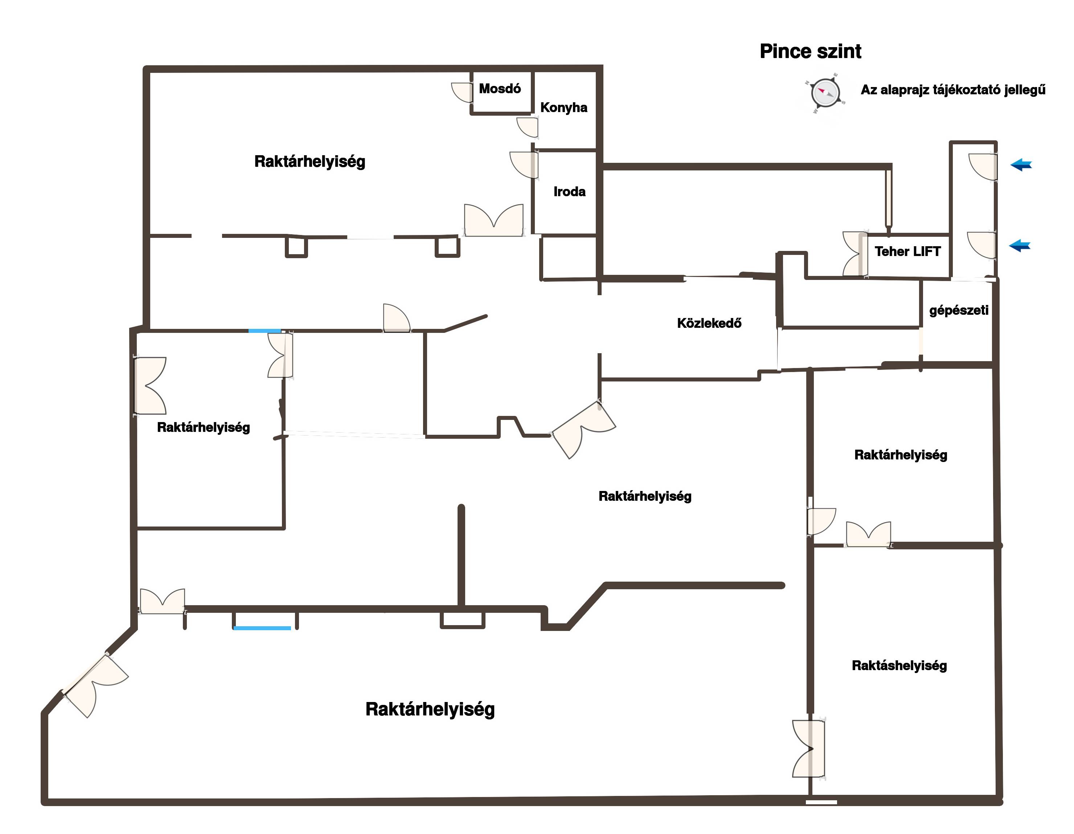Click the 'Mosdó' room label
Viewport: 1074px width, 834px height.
click(x=500, y=89)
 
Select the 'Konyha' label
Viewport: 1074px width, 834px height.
click(x=563, y=108)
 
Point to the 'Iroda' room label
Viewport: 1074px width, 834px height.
click(x=569, y=192)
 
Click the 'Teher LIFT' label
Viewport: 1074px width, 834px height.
click(x=907, y=252)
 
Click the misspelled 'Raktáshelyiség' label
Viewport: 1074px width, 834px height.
click(x=899, y=666)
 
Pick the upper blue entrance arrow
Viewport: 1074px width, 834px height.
click(x=1021, y=165)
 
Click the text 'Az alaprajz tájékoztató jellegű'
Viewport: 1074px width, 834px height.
click(x=952, y=90)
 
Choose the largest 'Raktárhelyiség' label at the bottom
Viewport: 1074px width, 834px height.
click(x=430, y=710)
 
